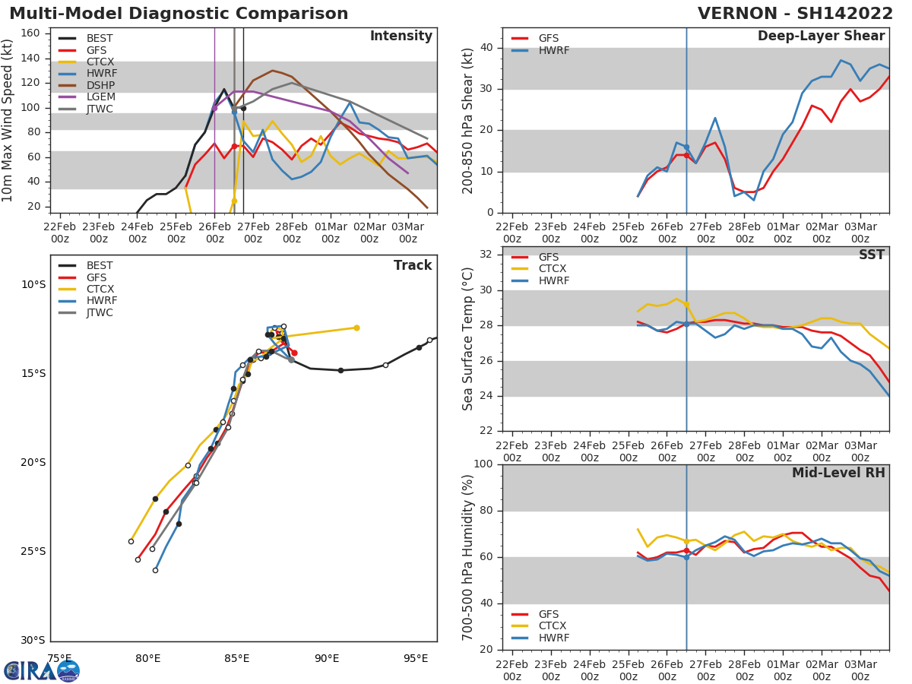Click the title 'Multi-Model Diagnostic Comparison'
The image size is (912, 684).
click(x=179, y=14)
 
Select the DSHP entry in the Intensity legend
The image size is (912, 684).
click(x=100, y=85)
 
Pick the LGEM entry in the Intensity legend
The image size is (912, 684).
click(x=100, y=97)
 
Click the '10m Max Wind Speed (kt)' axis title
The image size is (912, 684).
click(x=8, y=120)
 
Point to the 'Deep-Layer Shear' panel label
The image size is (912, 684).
click(x=821, y=36)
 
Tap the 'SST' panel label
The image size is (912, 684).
click(x=871, y=255)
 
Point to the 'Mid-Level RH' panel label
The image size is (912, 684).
click(x=838, y=473)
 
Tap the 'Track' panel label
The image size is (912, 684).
click(x=412, y=265)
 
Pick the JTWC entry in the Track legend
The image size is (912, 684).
click(x=100, y=312)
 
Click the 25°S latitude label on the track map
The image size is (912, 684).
click(x=33, y=551)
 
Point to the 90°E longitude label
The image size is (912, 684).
click(x=327, y=658)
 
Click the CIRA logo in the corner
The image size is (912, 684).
click(x=42, y=670)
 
